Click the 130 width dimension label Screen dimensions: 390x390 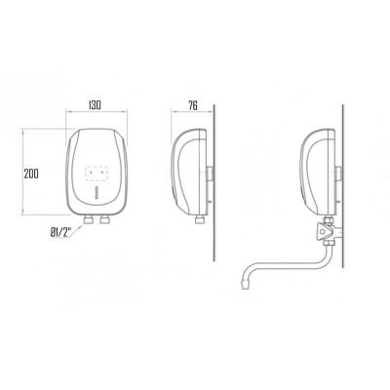click(95, 105)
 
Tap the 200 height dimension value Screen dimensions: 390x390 click(31, 174)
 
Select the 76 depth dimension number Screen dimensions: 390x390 click(193, 105)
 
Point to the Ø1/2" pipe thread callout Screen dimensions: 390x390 click(60, 233)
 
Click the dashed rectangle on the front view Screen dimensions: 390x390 click(97, 174)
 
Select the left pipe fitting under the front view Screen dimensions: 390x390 click(88, 220)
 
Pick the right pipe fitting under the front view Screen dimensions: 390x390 click(104, 220)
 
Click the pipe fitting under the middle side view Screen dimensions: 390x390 click(200, 220)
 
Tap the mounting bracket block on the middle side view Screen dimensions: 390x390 click(210, 174)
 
